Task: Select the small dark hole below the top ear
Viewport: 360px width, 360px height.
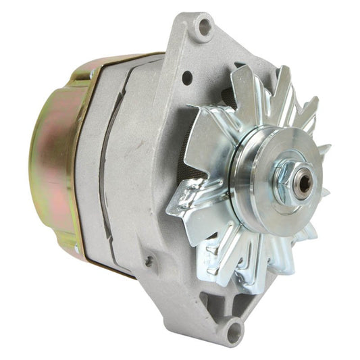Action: [x=186, y=78]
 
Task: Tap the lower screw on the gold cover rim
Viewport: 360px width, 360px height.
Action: [x=77, y=251]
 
